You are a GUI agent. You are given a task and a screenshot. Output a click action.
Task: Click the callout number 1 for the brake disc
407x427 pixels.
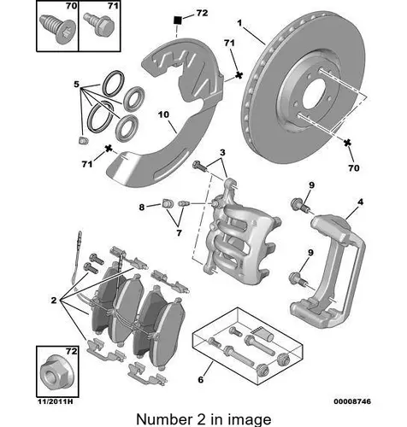[239, 23]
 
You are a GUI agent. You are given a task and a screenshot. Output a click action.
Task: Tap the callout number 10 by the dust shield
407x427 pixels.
[163, 114]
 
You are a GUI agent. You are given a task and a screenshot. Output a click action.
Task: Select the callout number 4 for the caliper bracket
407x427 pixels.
[360, 202]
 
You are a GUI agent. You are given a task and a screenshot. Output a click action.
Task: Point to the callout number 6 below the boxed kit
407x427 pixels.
[201, 379]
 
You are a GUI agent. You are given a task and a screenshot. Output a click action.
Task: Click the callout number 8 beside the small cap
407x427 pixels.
[142, 208]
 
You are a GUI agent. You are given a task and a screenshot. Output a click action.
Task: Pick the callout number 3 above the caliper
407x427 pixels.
[222, 153]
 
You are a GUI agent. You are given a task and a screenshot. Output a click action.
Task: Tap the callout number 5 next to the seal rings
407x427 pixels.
[76, 85]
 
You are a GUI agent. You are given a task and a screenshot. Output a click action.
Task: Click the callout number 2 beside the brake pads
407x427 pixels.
[54, 300]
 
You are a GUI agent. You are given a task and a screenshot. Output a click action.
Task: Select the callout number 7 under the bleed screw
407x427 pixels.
[179, 233]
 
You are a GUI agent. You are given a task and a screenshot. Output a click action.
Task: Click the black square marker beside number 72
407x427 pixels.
[178, 20]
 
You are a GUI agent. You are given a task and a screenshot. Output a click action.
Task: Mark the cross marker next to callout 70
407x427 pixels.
[347, 143]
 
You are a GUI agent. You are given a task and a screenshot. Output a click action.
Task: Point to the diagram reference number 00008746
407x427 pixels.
[352, 401]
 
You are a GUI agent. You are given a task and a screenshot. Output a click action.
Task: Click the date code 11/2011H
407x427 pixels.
[56, 401]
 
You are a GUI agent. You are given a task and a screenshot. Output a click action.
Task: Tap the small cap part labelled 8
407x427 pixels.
[166, 203]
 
